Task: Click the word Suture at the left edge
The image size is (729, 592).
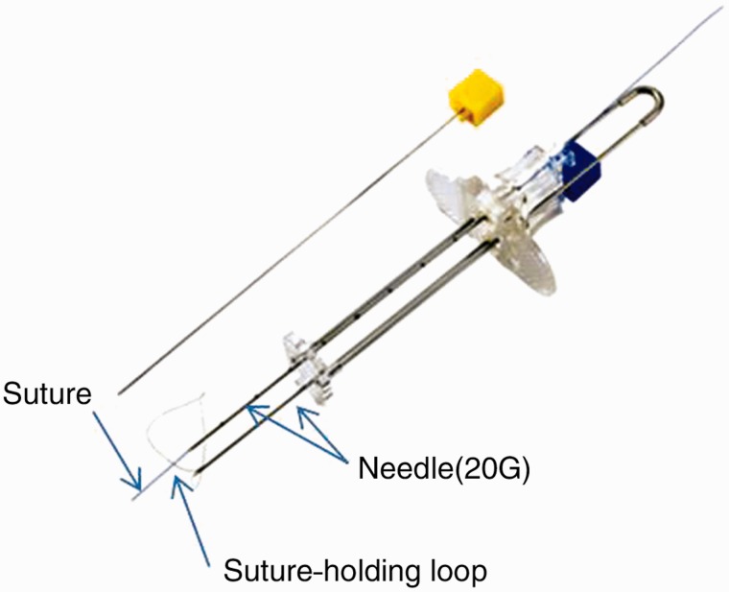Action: (45, 394)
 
